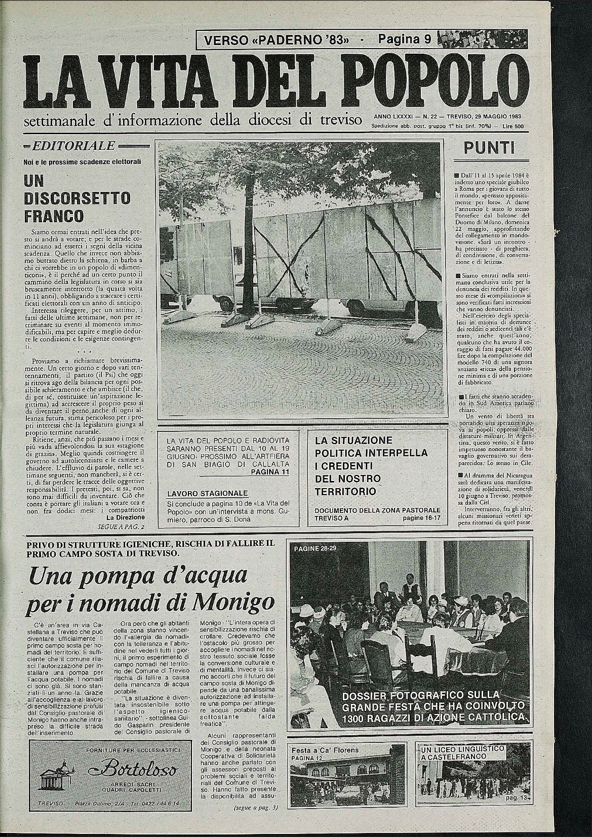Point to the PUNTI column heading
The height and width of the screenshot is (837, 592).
click(x=489, y=148)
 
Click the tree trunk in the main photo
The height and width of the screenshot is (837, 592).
click(x=249, y=253)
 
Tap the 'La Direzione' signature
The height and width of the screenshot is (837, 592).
click(x=126, y=517)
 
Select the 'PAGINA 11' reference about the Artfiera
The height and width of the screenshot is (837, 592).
click(x=269, y=472)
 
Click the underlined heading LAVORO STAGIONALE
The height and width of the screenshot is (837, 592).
click(x=208, y=493)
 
